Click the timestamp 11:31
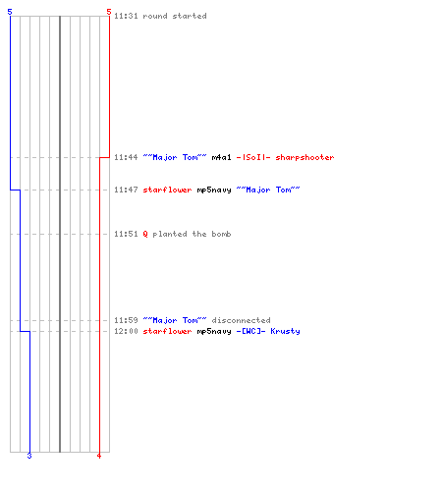pyautogui.click(x=126, y=16)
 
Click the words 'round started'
pyautogui.click(x=175, y=16)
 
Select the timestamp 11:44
pyautogui.click(x=126, y=157)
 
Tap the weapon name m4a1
pyautogui.click(x=222, y=157)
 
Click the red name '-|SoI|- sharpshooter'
pyautogui.click(x=285, y=157)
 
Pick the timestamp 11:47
pyautogui.click(x=126, y=190)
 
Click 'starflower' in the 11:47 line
pyautogui.click(x=167, y=190)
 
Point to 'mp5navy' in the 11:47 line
pyautogui.click(x=214, y=190)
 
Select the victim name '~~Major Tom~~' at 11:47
pyautogui.click(x=268, y=190)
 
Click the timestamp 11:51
pyautogui.click(x=126, y=234)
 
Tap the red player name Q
pyautogui.click(x=145, y=234)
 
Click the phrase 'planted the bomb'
pyautogui.click(x=192, y=234)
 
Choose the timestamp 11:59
pyautogui.click(x=126, y=320)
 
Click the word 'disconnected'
pyautogui.click(x=242, y=320)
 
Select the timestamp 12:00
pyautogui.click(x=126, y=331)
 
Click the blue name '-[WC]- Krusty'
pyautogui.click(x=268, y=331)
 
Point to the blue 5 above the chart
pyautogui.click(x=10, y=12)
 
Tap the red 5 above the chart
pyautogui.click(x=109, y=12)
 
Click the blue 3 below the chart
pyautogui.click(x=29, y=456)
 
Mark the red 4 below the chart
pyautogui.click(x=99, y=456)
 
